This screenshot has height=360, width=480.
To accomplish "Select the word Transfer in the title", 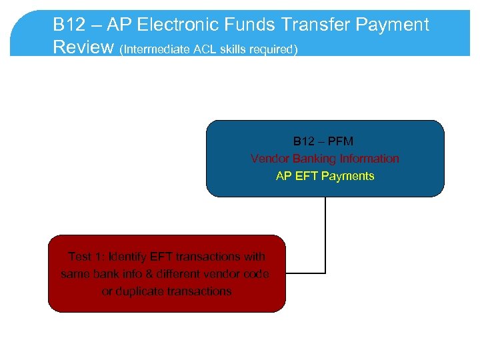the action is [316, 25].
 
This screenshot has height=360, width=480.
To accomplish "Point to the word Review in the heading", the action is [83, 47].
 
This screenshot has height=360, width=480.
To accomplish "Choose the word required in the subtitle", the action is [272, 49].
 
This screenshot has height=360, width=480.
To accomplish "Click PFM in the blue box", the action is [341, 141].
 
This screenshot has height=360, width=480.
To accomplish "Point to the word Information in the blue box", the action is [369, 159].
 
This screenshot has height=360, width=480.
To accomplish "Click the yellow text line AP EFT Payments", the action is [325, 176].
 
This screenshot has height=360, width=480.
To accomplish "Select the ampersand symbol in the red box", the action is [148, 274].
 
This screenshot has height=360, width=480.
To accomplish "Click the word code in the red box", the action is [257, 274].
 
